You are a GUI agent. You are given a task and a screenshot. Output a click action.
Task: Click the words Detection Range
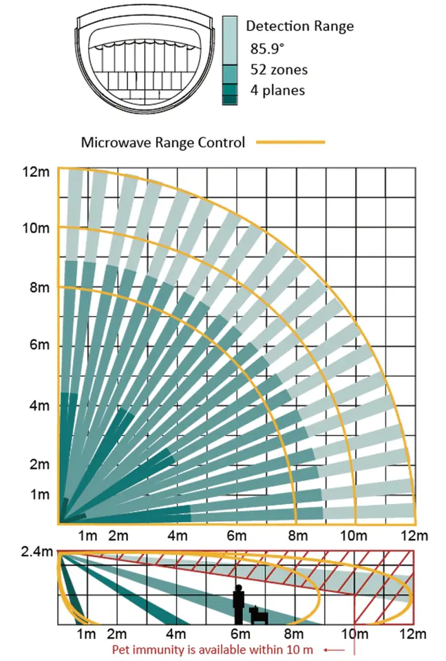coord(299,27)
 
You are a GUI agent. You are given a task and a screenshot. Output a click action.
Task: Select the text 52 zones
coord(278,70)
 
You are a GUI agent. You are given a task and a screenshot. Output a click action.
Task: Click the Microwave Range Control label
coord(163,143)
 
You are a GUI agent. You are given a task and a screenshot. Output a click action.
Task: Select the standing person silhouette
coord(239,605)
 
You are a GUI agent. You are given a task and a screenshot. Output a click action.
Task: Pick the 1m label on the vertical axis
coord(40,494)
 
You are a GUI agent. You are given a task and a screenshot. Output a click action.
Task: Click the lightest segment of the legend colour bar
coord(230,40)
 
